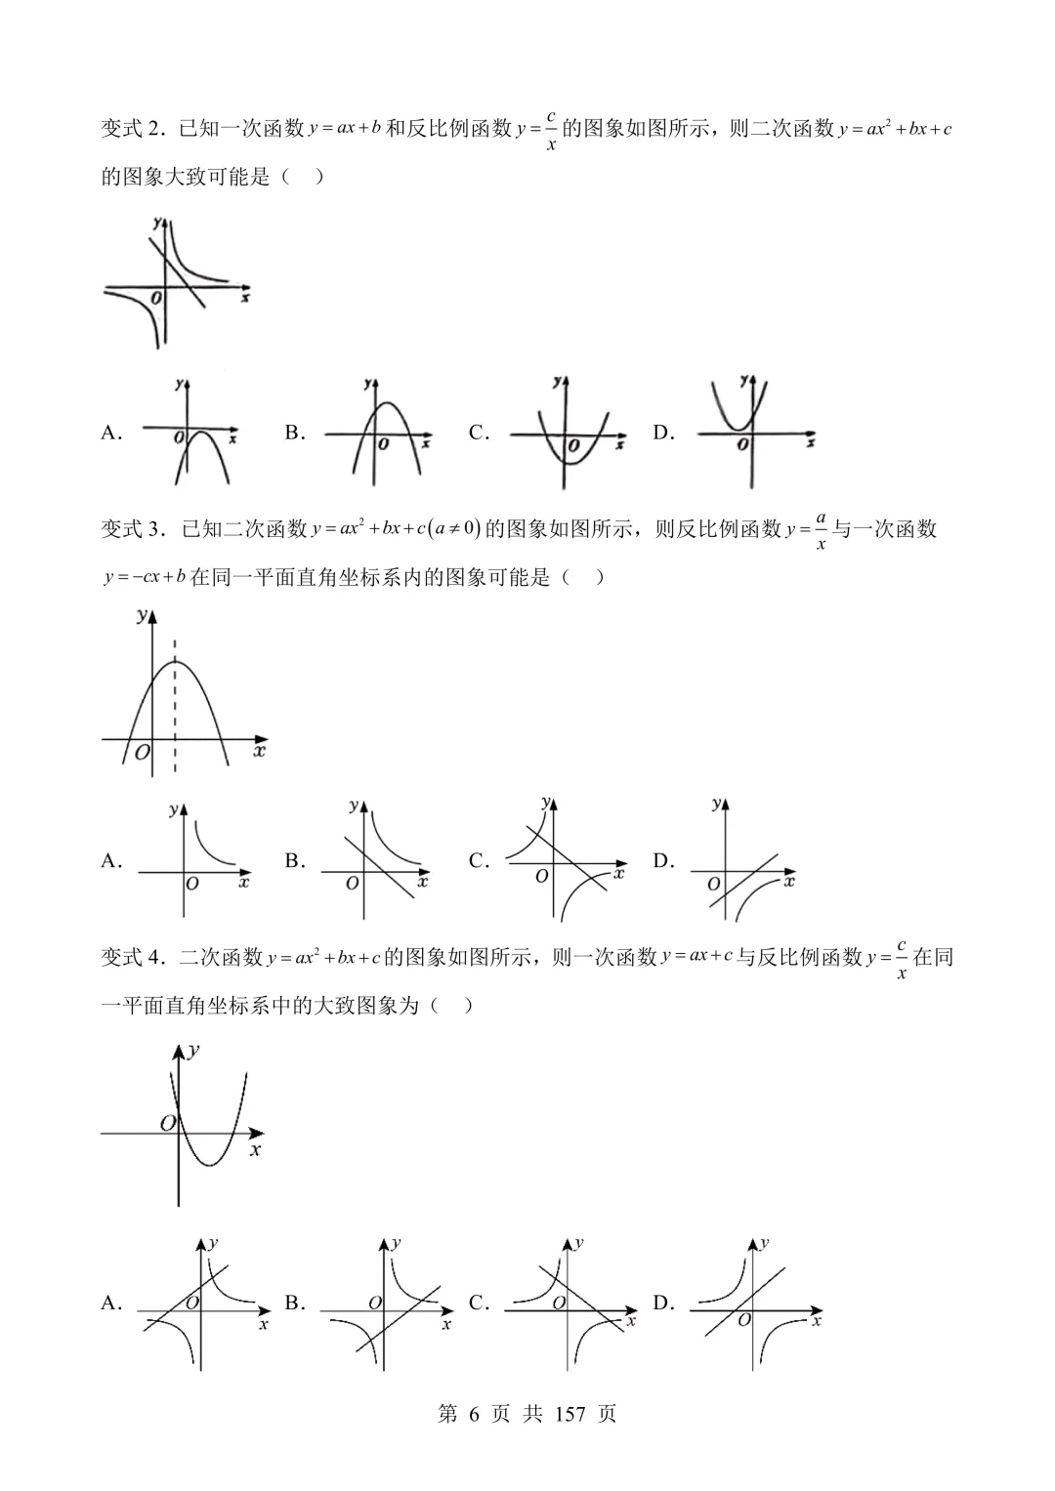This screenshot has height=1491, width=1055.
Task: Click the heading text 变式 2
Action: [135, 129]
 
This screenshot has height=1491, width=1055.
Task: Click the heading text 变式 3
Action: [135, 529]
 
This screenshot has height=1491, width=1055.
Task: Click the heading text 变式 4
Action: [135, 957]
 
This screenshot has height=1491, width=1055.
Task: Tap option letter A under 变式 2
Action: [110, 434]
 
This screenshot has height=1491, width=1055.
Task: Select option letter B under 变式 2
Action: [294, 434]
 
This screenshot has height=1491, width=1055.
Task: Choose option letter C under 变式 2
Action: [478, 434]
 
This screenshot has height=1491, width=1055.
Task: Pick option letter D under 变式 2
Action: [662, 434]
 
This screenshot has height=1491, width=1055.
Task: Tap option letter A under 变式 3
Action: [110, 861]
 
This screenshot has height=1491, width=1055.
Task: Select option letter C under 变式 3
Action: [478, 861]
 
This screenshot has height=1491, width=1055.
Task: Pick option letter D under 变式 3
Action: [662, 861]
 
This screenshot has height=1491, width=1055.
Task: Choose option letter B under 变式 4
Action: [294, 1303]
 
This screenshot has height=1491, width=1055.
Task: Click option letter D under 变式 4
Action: [662, 1303]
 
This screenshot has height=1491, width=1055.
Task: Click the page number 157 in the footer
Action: [570, 1414]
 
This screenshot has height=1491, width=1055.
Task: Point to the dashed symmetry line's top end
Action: [175, 642]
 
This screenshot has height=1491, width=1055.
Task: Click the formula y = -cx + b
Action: [145, 577]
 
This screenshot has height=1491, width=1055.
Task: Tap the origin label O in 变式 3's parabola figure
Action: [143, 753]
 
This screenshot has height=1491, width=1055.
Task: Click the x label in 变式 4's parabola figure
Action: [255, 1151]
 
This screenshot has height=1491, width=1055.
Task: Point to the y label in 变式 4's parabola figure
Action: [194, 1051]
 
